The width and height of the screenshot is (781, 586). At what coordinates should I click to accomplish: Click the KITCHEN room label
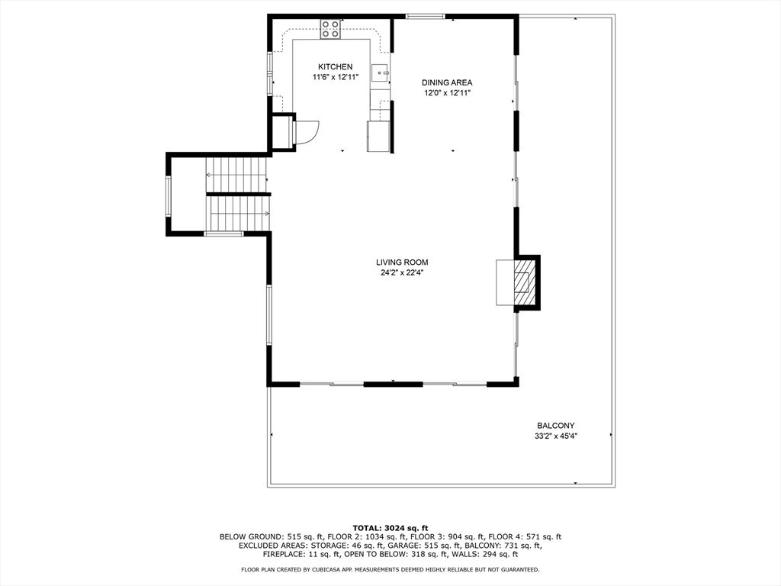pyautogui.click(x=336, y=67)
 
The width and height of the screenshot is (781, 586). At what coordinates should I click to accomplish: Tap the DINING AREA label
pyautogui.click(x=447, y=82)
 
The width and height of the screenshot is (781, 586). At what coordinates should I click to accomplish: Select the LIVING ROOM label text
pyautogui.click(x=402, y=262)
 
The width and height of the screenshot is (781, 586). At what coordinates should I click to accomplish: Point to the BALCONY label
pyautogui.click(x=555, y=426)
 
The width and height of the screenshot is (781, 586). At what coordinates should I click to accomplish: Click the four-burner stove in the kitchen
pyautogui.click(x=330, y=29)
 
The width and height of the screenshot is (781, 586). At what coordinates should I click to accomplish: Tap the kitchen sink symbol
pyautogui.click(x=381, y=72)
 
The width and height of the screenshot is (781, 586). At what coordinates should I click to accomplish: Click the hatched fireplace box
pyautogui.click(x=522, y=282)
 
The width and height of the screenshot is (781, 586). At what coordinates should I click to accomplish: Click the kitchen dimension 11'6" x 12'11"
pyautogui.click(x=336, y=77)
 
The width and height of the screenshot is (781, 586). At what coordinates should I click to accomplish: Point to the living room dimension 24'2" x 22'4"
pyautogui.click(x=402, y=273)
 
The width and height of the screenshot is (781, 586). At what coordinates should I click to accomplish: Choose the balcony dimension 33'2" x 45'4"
pyautogui.click(x=555, y=436)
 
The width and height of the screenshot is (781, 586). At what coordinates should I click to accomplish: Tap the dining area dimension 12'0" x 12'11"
pyautogui.click(x=447, y=93)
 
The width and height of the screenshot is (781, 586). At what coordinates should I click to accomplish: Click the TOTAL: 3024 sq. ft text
pyautogui.click(x=390, y=528)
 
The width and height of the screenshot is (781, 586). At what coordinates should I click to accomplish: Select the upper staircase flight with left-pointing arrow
pyautogui.click(x=236, y=175)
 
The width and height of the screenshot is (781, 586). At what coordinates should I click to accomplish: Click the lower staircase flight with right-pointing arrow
pyautogui.click(x=238, y=213)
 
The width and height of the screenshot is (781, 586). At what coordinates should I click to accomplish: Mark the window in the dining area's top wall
pyautogui.click(x=425, y=17)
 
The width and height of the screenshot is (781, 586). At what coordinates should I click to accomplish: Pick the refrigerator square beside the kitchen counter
pyautogui.click(x=378, y=136)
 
